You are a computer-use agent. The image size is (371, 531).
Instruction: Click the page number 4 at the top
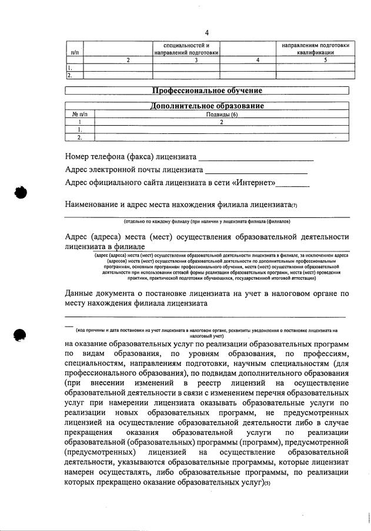click(207, 32)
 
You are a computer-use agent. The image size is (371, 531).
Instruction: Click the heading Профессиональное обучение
click(207, 90)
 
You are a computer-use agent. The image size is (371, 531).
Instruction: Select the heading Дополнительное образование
click(207, 106)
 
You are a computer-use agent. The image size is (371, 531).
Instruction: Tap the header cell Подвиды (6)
click(221, 115)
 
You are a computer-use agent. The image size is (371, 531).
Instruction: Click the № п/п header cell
click(79, 115)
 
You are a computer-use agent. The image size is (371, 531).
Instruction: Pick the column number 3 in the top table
click(186, 60)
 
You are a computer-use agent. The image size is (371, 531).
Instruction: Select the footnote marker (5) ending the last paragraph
click(267, 483)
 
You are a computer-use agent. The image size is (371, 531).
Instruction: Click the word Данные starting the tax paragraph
click(81, 293)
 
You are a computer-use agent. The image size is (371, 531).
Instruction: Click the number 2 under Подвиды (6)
click(221, 122)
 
